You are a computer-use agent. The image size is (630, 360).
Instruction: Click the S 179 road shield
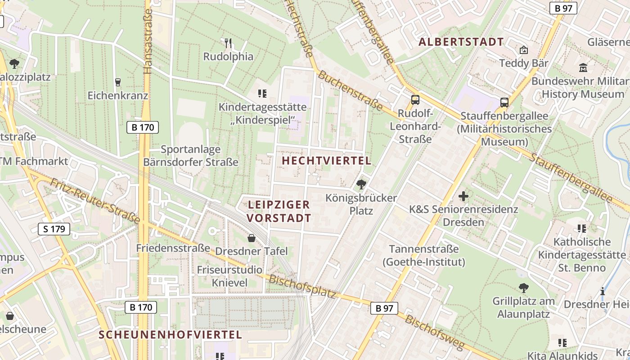(54, 229)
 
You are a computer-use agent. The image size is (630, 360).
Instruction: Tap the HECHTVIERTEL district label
(327, 161)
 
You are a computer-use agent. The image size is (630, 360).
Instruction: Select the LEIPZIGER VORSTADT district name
(279, 211)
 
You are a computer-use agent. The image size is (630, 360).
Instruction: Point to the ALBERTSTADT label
(461, 42)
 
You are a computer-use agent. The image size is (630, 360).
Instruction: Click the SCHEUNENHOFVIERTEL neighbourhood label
(171, 335)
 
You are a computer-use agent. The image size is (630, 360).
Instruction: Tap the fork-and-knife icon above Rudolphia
(228, 43)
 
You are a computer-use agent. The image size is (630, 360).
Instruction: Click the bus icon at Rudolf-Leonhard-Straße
(415, 100)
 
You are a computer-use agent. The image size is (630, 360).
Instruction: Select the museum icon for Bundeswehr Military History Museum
(584, 68)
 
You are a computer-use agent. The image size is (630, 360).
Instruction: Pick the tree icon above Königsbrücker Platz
(361, 184)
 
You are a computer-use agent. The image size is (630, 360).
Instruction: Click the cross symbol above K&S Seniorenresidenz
(463, 196)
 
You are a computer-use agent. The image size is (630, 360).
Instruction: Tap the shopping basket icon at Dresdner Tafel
(252, 238)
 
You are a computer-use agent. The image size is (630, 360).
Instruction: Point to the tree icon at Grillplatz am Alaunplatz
(523, 288)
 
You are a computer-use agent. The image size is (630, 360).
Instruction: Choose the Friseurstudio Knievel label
(229, 276)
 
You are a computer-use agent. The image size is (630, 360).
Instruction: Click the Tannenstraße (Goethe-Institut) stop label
(423, 256)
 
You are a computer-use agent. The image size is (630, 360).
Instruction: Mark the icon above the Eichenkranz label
(118, 82)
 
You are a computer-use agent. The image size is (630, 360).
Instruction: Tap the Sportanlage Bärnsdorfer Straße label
(191, 156)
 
